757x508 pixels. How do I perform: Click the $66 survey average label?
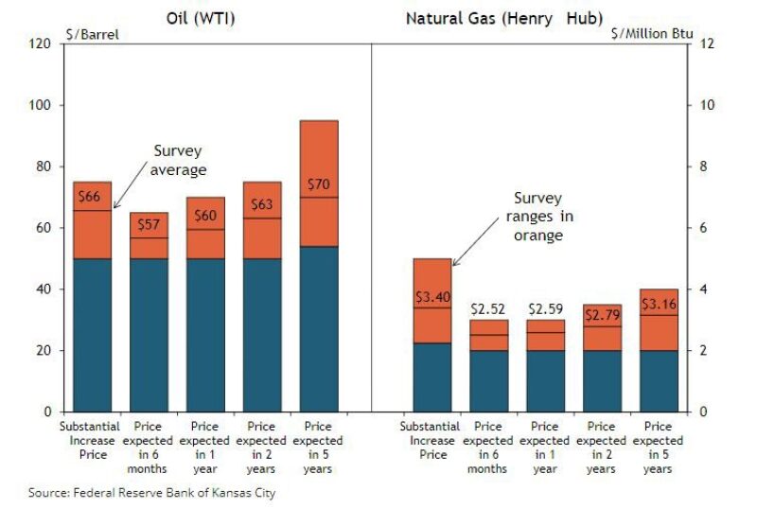[88, 197]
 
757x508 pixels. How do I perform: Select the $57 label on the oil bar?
[149, 225]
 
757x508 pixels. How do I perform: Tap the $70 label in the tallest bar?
[319, 184]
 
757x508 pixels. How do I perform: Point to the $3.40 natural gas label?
[432, 295]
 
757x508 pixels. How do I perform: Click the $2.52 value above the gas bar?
[489, 308]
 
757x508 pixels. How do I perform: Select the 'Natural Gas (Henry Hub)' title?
[503, 17]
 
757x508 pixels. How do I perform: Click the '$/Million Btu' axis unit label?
[654, 35]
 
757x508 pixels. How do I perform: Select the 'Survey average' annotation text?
[178, 160]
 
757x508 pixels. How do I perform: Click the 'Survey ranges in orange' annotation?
[537, 217]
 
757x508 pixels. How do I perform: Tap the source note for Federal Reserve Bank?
[151, 492]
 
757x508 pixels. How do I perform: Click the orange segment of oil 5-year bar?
[319, 151]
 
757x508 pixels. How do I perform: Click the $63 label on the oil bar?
[262, 203]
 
